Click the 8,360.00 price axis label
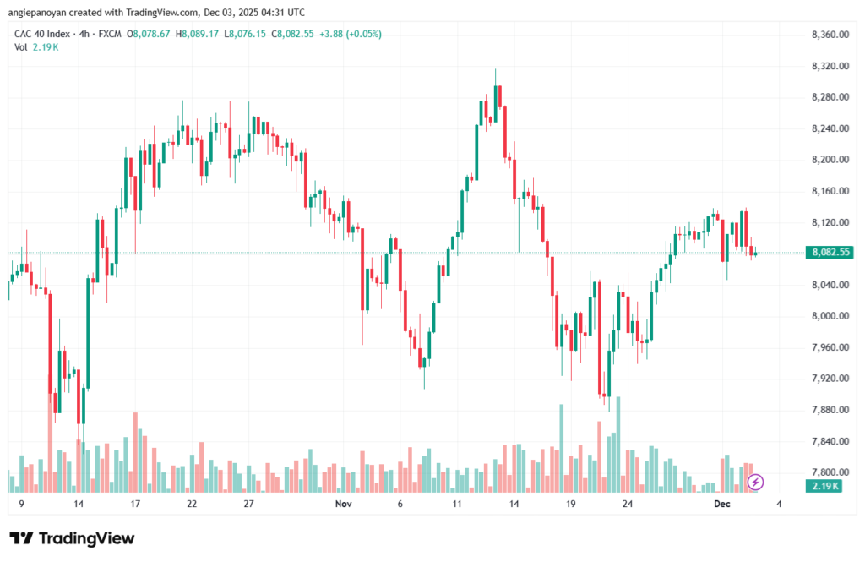[x=829, y=35]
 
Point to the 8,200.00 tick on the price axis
[x=829, y=160]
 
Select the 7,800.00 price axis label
[x=829, y=472]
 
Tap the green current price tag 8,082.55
[x=829, y=253]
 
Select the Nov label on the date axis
[x=343, y=504]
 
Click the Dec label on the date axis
[x=721, y=504]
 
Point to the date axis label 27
[x=248, y=504]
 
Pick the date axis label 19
[x=571, y=504]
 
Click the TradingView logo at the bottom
[x=73, y=538]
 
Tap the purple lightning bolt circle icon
[x=756, y=482]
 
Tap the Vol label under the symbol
[x=21, y=47]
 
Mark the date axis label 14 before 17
[x=78, y=504]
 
